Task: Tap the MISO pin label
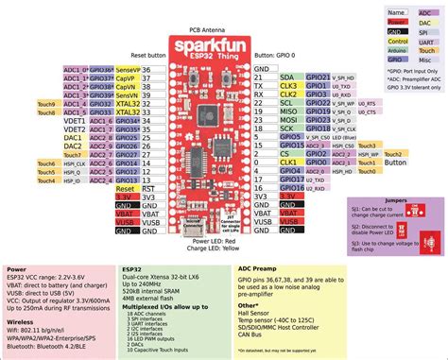[288, 111]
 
